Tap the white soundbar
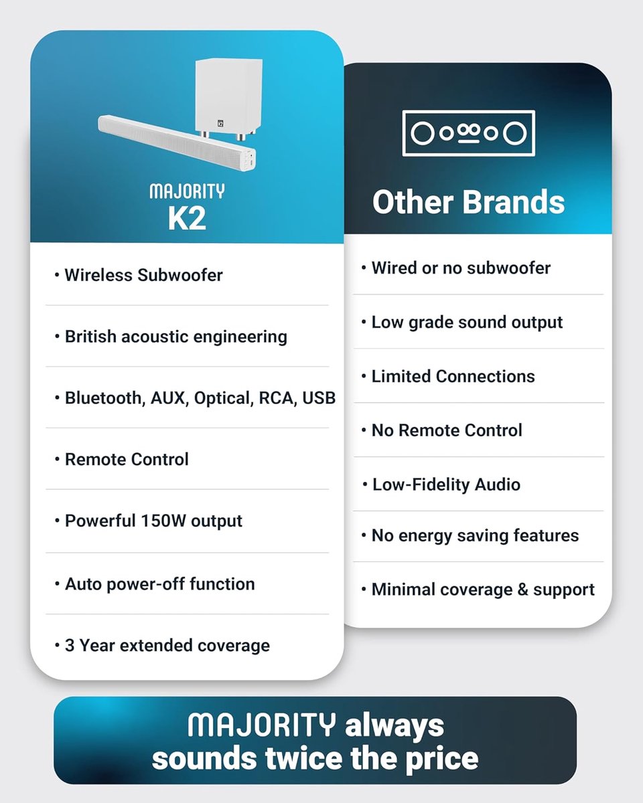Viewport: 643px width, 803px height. tap(177, 143)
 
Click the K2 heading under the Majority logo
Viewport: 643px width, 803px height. tap(187, 219)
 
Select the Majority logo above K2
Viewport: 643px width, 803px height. tap(187, 191)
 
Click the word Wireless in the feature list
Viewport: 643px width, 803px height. tap(98, 275)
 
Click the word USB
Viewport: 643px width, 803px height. tap(319, 397)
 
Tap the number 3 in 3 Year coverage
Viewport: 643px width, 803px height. tap(70, 646)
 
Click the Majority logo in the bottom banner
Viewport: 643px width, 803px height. tap(261, 725)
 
